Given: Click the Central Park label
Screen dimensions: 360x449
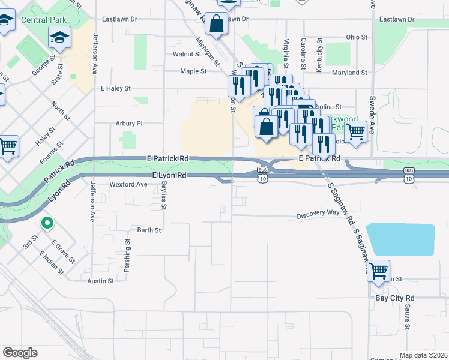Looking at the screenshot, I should point(43,20).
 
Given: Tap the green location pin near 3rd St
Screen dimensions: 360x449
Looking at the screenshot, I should point(47,223).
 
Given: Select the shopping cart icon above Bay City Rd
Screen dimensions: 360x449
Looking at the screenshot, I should point(379,271).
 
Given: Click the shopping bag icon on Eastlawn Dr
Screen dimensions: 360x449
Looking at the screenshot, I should point(216,24).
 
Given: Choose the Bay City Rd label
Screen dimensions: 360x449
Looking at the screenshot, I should point(394,298).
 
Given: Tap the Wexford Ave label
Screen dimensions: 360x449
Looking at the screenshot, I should point(128,185).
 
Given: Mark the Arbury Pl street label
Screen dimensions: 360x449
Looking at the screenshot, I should point(128,124).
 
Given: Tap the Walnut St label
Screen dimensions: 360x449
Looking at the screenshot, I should point(186,54).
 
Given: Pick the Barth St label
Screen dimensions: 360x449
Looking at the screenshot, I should point(149,230).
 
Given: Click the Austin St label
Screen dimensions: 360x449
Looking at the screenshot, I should point(100,281).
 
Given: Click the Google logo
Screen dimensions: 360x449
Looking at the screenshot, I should point(20,353).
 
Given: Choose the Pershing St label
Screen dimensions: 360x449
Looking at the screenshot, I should point(127,257).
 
